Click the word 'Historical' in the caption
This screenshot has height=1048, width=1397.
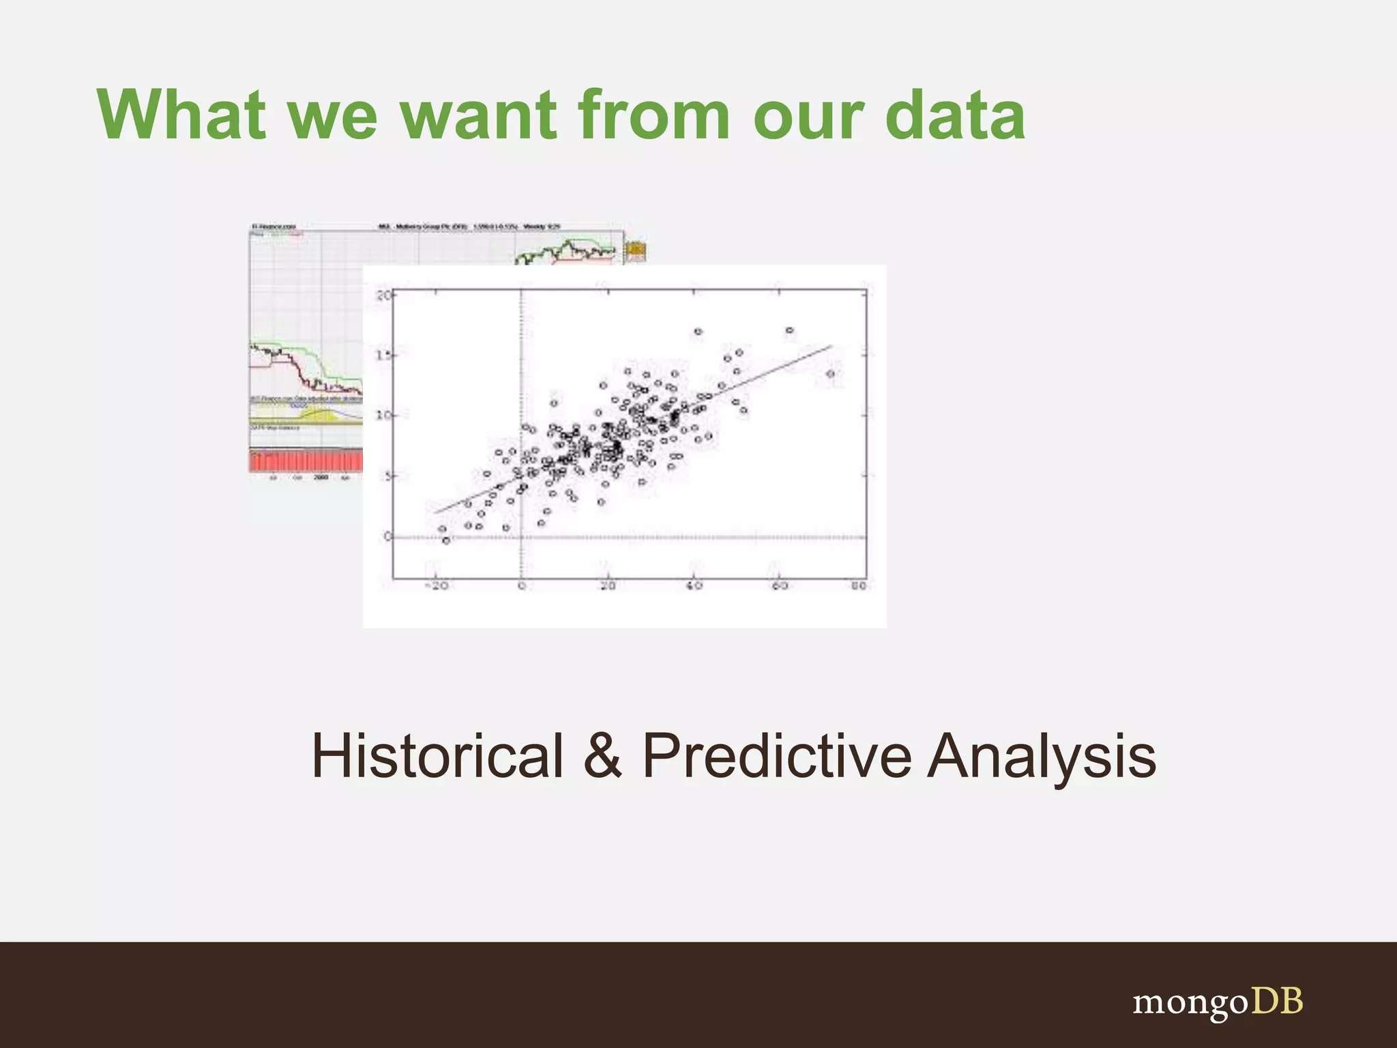click(x=437, y=755)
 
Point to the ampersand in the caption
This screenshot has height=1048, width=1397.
click(x=603, y=755)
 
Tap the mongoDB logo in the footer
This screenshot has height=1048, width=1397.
click(x=1218, y=1002)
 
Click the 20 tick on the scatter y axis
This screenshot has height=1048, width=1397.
click(x=383, y=295)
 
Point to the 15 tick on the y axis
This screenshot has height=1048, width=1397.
click(x=383, y=355)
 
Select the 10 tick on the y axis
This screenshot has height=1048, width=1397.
click(x=383, y=415)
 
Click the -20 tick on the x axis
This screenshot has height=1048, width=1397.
click(x=437, y=586)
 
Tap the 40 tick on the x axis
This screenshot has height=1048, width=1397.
click(x=694, y=586)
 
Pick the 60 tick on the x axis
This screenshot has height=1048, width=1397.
click(x=780, y=586)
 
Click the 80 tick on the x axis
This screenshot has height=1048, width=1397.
click(x=858, y=586)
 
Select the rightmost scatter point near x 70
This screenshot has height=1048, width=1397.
click(x=830, y=374)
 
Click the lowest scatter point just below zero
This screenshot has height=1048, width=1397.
click(x=446, y=540)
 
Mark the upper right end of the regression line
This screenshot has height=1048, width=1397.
click(x=831, y=347)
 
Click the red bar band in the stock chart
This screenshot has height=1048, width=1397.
click(x=306, y=461)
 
